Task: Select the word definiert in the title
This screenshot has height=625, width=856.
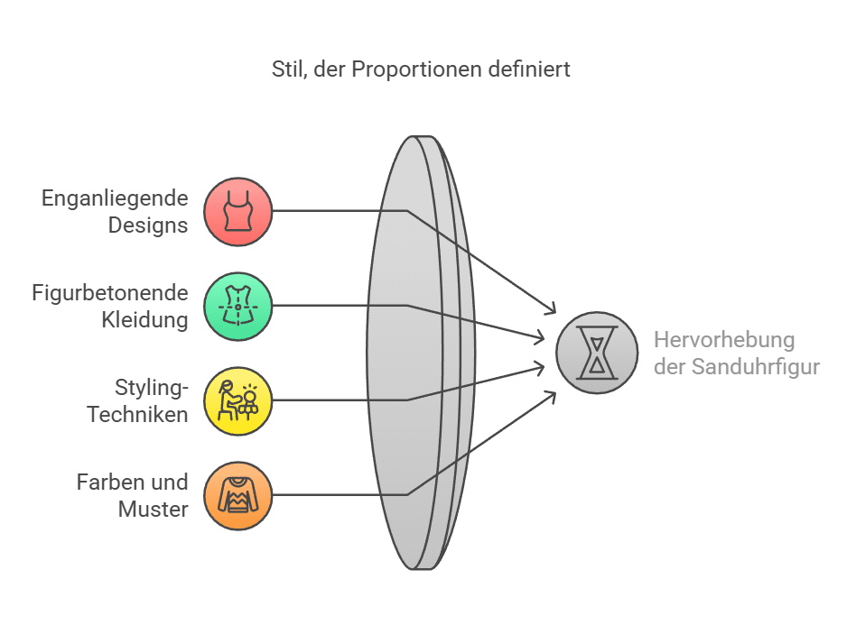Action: (x=529, y=69)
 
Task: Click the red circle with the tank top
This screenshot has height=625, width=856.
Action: (x=238, y=212)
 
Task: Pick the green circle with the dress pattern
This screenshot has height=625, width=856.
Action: (x=238, y=307)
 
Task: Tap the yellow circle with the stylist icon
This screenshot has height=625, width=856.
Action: (x=238, y=400)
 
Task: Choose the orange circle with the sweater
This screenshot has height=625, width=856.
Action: (x=238, y=496)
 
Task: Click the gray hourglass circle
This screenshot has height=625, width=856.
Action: (x=597, y=353)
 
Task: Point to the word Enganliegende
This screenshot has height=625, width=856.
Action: (x=115, y=199)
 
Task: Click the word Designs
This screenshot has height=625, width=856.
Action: (x=148, y=225)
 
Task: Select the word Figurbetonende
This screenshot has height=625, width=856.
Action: (x=110, y=293)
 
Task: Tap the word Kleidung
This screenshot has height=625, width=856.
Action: (x=144, y=320)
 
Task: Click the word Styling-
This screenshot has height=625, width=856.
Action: (x=152, y=389)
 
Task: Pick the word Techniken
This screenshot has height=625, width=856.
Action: (x=137, y=415)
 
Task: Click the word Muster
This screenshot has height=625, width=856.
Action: (x=154, y=510)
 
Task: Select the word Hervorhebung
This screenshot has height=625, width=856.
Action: (x=724, y=340)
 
